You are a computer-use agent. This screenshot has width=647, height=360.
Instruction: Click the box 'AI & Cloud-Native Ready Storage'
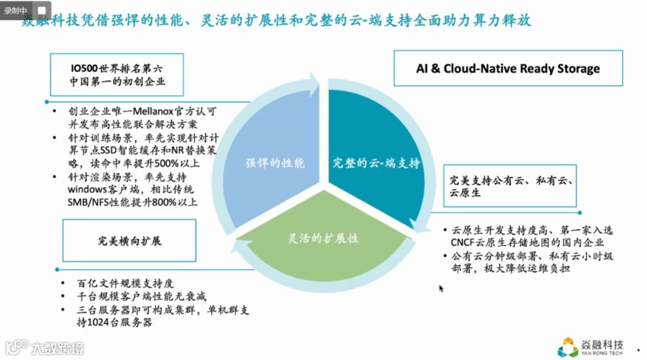[x=507, y=68]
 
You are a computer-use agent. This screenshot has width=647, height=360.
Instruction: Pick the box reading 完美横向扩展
[x=130, y=241]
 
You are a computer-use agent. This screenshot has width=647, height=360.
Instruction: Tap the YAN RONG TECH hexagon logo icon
[x=568, y=347]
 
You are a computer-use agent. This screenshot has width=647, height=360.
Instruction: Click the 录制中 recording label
[x=16, y=11]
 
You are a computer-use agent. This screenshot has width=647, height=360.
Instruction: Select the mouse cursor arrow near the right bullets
[x=442, y=289]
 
